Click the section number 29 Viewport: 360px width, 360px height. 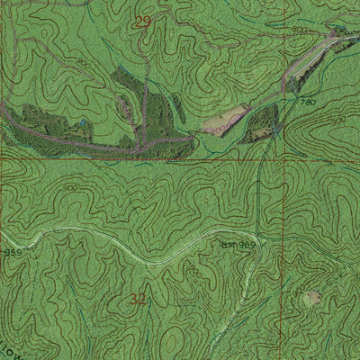pyautogui.click(x=142, y=20)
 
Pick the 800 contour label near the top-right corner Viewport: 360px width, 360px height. pyautogui.click(x=300, y=31)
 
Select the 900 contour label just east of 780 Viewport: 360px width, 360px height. pyautogui.click(x=339, y=120)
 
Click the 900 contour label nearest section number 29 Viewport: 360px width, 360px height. pyautogui.click(x=83, y=62)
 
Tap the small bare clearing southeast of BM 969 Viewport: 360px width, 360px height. pyautogui.click(x=311, y=298)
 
